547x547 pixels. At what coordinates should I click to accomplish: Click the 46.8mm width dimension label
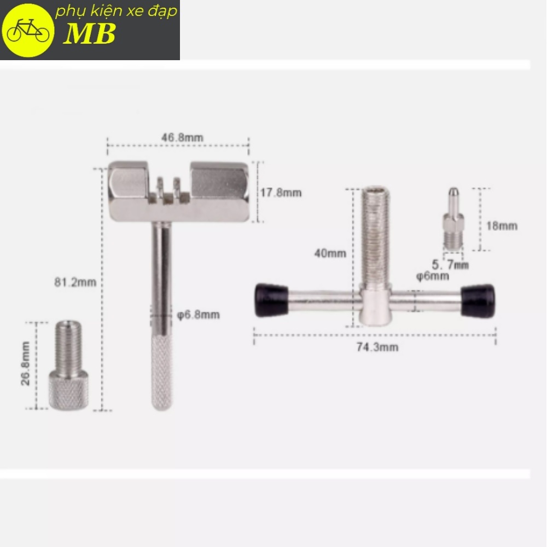coord(182,137)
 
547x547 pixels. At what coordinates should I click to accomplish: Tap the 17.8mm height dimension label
coord(281,193)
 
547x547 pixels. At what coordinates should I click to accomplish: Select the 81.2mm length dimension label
coord(75,282)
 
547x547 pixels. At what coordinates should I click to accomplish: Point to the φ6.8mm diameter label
coord(199,315)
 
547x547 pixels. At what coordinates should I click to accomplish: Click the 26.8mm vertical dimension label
coord(26,364)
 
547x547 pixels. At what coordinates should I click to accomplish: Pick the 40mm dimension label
coord(330,253)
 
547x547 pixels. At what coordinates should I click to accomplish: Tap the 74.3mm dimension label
coord(377,347)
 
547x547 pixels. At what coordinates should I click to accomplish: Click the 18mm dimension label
coord(502,226)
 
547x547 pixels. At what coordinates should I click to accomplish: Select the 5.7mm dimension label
coord(450,265)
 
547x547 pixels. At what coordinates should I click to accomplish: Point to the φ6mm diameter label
coord(432,276)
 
